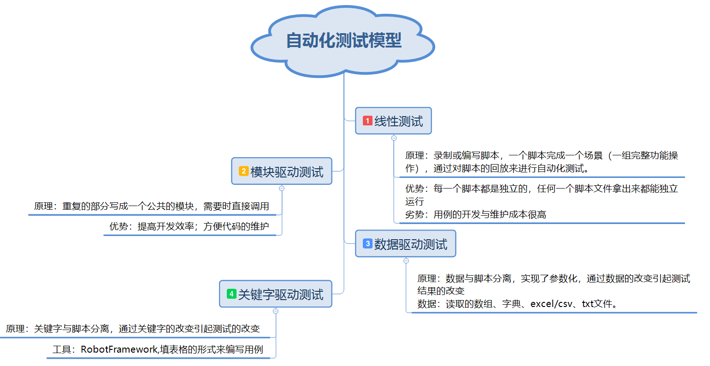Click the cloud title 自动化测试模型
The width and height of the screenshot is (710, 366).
pos(343,41)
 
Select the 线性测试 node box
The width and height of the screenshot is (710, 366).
pos(393,121)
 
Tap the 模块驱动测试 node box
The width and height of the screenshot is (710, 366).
pos(282,171)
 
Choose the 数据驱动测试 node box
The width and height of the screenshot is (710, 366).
pos(405,244)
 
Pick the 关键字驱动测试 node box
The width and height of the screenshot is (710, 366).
pos(276,294)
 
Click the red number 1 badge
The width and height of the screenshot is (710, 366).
pos(367,121)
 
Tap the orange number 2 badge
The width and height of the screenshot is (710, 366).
pos(243,171)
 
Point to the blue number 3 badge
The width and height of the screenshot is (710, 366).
pos(367,244)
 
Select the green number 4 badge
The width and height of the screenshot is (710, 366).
pos(231,294)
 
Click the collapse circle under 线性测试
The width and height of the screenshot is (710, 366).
pos(394,138)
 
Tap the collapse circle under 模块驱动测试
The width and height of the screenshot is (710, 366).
pos(282,188)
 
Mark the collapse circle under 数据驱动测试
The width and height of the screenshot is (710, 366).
pos(406,260)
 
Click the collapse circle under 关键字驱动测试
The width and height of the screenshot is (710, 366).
pos(276,311)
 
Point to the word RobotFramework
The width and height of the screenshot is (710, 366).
pos(119,349)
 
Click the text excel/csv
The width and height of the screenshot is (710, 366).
pos(551,304)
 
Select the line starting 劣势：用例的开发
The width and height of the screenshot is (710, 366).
pos(475,214)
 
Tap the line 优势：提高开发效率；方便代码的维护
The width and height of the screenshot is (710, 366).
pos(189,226)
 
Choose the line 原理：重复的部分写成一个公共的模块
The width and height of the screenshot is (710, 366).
pos(151,206)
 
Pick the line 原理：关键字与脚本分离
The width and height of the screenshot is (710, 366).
pos(133,329)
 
